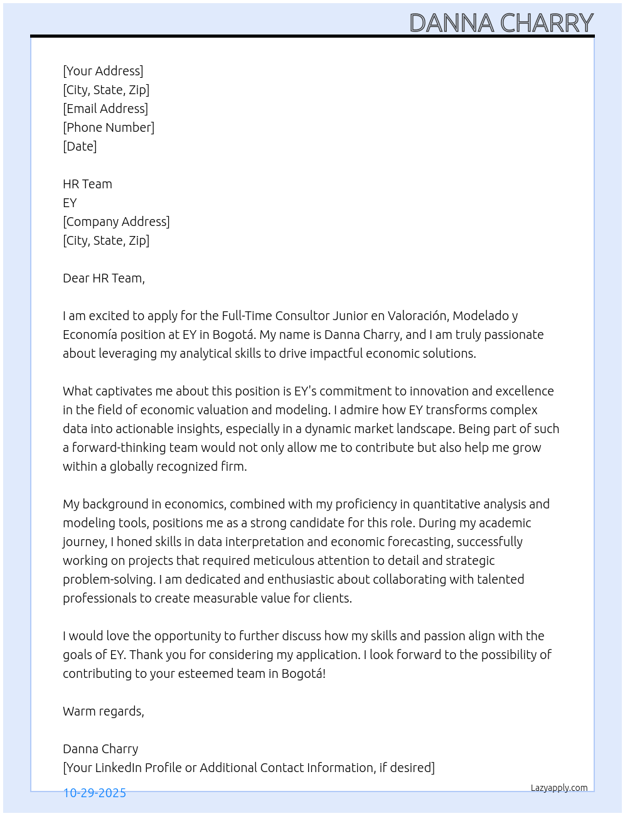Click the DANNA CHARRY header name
coord(501,23)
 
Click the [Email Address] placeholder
coord(105,109)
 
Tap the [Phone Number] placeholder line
coord(109,127)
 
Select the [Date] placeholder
coord(80,146)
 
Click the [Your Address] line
coord(103,71)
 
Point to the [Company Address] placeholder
coord(116,222)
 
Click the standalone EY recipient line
coord(70,203)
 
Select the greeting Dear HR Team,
coord(104,278)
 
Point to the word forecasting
coord(420,542)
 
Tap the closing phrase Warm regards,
coord(104,711)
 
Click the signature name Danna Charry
coord(100,749)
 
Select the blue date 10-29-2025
coord(95,793)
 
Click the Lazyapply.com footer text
coord(559,788)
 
